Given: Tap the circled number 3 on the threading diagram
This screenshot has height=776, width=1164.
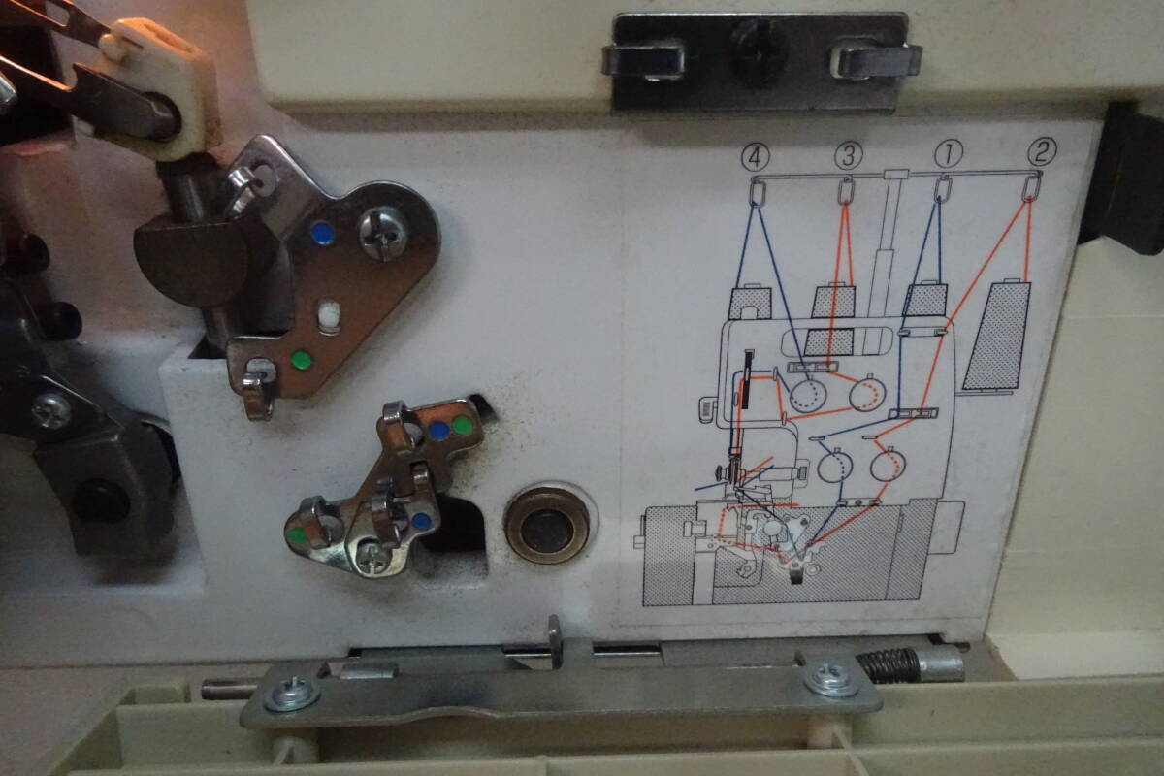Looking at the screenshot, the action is click(x=848, y=155).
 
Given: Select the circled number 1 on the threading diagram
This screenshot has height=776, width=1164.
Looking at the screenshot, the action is click(x=947, y=153).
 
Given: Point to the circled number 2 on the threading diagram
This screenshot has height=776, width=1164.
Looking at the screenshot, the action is click(x=1042, y=150).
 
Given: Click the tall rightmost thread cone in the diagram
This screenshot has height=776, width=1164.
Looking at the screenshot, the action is click(x=996, y=336).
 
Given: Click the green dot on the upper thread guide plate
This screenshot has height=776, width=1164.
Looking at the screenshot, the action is click(x=302, y=361).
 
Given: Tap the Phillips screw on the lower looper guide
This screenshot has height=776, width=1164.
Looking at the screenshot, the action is click(x=372, y=555).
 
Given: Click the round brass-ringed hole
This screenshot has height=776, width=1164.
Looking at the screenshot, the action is click(x=546, y=526).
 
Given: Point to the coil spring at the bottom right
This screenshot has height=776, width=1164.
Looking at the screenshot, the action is click(x=887, y=663).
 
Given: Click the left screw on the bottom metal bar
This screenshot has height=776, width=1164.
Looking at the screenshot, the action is click(x=292, y=693).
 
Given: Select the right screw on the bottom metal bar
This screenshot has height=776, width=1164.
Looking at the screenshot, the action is click(x=830, y=679).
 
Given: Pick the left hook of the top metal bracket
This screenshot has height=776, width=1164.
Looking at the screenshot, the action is click(x=644, y=60).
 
